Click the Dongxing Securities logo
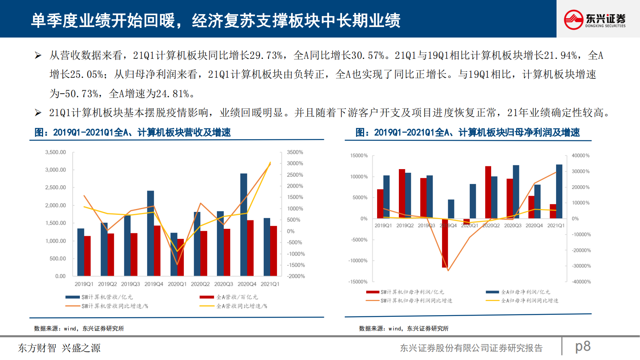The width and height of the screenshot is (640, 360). point(594,19)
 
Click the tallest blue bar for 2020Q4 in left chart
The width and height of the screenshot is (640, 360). point(244,224)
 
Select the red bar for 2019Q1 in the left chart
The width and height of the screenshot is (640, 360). point(88,256)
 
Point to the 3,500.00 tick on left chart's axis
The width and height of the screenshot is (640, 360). point(56,152)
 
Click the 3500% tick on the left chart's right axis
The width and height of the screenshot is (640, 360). point(295,152)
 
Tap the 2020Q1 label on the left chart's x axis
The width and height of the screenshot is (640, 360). point(177,284)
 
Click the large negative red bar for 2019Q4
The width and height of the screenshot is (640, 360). point(445,243)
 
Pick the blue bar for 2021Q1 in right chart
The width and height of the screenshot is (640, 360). point(559,191)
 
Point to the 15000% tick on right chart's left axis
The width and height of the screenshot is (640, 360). point(359,155)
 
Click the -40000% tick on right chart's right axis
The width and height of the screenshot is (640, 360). point(581,282)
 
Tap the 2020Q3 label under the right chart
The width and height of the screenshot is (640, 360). point(513,226)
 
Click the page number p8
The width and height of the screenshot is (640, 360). point(583,346)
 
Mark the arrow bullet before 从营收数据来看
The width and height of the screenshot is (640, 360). point(38,55)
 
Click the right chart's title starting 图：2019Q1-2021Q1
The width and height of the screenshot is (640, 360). point(467,132)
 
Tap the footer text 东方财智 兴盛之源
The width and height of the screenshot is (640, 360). point(59,348)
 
